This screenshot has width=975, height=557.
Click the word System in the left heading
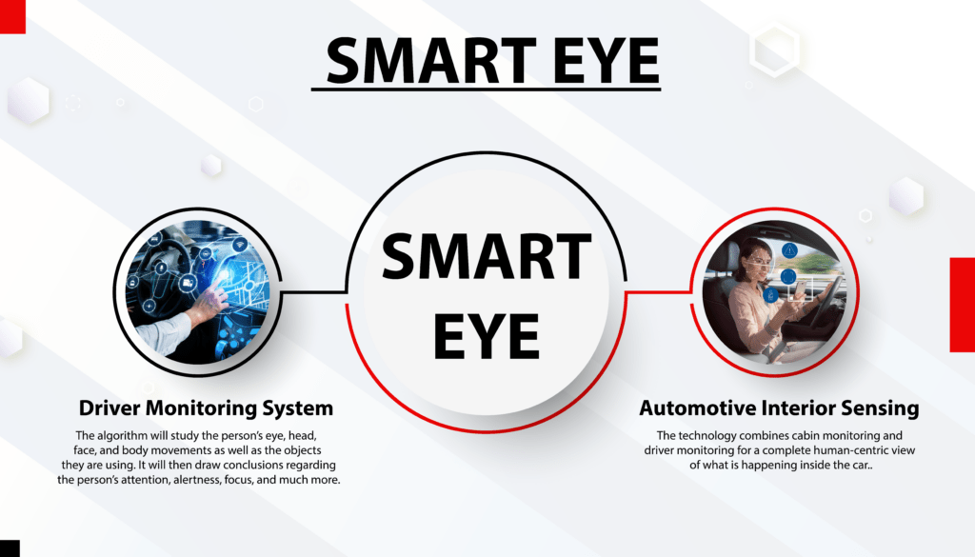pyautogui.click(x=295, y=408)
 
